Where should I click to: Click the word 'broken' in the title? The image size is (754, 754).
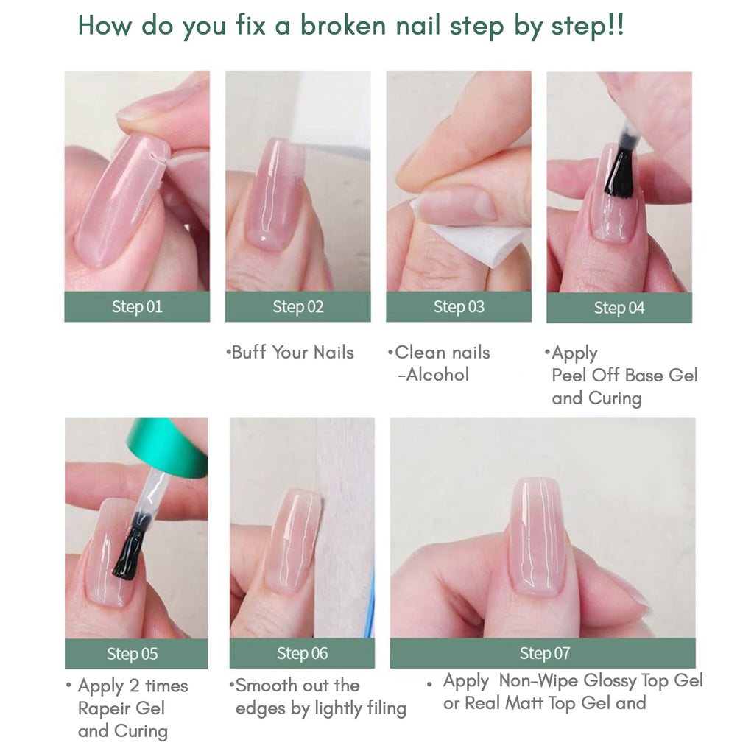pyautogui.click(x=343, y=24)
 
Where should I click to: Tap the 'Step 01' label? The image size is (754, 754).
pyautogui.click(x=137, y=307)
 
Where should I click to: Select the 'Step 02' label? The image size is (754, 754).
pyautogui.click(x=298, y=307)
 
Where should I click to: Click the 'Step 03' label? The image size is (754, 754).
pyautogui.click(x=459, y=307)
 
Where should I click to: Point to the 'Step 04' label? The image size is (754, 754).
pyautogui.click(x=619, y=308)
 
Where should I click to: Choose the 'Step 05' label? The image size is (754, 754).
pyautogui.click(x=133, y=654)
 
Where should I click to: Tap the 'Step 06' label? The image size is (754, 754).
pyautogui.click(x=302, y=653)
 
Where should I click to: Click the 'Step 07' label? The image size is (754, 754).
pyautogui.click(x=545, y=653)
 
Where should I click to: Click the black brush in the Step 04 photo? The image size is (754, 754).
pyautogui.click(x=621, y=171)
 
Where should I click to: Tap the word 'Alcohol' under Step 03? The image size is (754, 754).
pyautogui.click(x=437, y=375)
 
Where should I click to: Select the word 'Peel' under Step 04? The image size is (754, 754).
pyautogui.click(x=569, y=375)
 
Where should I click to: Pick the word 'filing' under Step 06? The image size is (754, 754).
pyautogui.click(x=387, y=709)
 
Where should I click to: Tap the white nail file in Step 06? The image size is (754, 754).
pyautogui.click(x=345, y=528)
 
